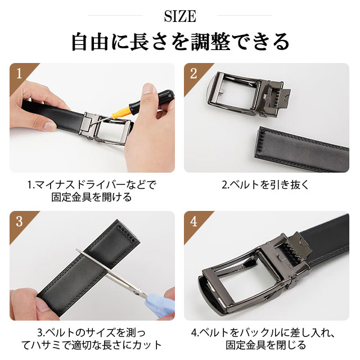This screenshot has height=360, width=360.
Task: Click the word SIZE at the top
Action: pyautogui.click(x=180, y=16)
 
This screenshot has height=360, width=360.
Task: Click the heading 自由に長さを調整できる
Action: pyautogui.click(x=180, y=42)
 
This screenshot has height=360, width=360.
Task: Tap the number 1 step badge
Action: pyautogui.click(x=19, y=74)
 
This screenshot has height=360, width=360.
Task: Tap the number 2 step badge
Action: pyautogui.click(x=193, y=74)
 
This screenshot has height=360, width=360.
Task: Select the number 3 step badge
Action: pyautogui.click(x=19, y=221)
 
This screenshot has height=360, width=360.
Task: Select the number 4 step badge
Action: pyautogui.click(x=193, y=221)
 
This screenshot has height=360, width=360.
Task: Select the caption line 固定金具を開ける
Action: pyautogui.click(x=92, y=197)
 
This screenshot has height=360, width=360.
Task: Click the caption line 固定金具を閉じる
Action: pyautogui.click(x=265, y=345)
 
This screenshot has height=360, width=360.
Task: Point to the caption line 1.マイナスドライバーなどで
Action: pyautogui.click(x=92, y=185)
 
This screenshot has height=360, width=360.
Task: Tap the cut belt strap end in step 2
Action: pyautogui.click(x=301, y=148)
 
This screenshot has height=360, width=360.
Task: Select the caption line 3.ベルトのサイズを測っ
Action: pyautogui.click(x=91, y=332)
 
